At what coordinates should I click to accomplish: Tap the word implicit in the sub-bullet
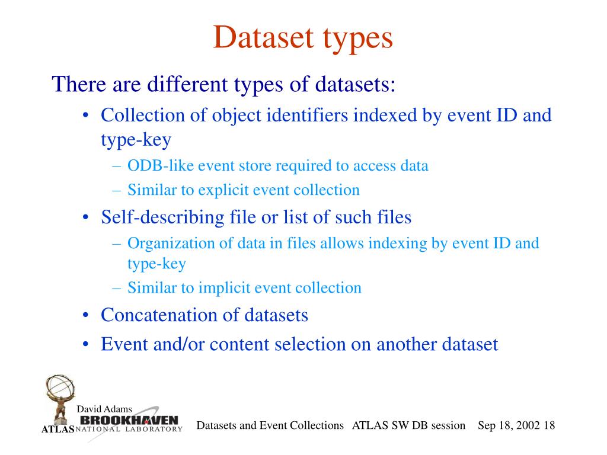tap(225, 288)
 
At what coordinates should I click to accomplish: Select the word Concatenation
tap(159, 315)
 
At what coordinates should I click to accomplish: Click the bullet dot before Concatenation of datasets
tap(87, 315)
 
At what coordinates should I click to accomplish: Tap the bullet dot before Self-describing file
tap(87, 218)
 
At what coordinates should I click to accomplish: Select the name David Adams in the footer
tap(104, 409)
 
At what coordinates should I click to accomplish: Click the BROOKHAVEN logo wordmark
tap(129, 420)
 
